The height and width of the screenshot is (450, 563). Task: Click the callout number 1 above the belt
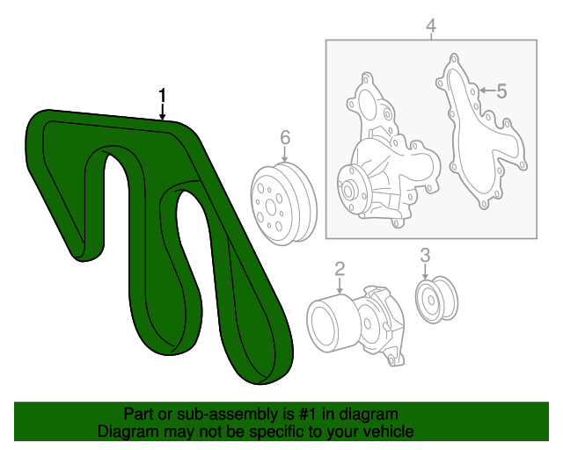coord(163,95)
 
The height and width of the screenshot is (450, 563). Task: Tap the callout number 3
coord(425,256)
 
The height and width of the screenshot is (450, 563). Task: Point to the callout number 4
coord(431,27)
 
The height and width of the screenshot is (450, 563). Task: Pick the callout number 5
coord(501,91)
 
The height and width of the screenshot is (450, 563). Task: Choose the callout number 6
coord(285,137)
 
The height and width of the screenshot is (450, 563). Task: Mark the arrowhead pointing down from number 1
coord(163,116)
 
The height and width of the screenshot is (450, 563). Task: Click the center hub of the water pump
coord(349,189)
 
